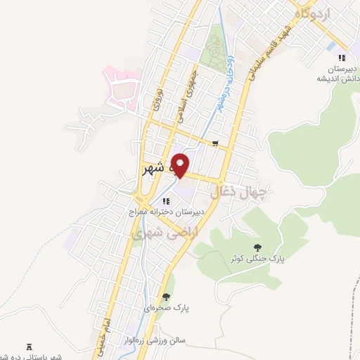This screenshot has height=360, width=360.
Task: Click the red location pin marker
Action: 181,165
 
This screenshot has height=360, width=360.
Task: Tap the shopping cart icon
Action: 214,144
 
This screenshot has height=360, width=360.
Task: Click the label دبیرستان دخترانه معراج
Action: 166,210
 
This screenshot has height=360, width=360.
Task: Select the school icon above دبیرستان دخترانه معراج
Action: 166,200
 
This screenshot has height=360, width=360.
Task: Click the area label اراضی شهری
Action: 168,230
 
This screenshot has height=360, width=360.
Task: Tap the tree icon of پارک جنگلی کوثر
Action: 258,247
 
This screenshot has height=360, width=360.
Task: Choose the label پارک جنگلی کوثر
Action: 258,258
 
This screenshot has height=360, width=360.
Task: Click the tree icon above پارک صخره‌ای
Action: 167,297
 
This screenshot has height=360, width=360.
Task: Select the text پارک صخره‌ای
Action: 167,308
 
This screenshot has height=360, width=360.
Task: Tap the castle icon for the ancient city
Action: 29,346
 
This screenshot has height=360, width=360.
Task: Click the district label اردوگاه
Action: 309,13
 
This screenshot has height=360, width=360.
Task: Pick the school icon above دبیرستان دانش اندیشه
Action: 342,58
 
